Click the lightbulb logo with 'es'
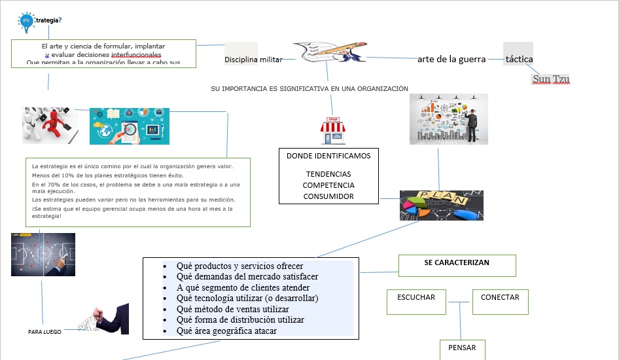coord(26,22)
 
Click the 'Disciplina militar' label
coord(253,60)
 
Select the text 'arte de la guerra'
coord(451,59)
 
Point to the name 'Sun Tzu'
coord(551,79)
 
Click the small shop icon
coord(332,131)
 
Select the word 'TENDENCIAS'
coord(328,174)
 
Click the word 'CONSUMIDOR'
coord(328,196)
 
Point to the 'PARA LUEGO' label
coord(44,332)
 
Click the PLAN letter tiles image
coord(442,206)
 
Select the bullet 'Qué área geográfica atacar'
coord(226,331)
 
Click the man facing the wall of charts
coord(473,124)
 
